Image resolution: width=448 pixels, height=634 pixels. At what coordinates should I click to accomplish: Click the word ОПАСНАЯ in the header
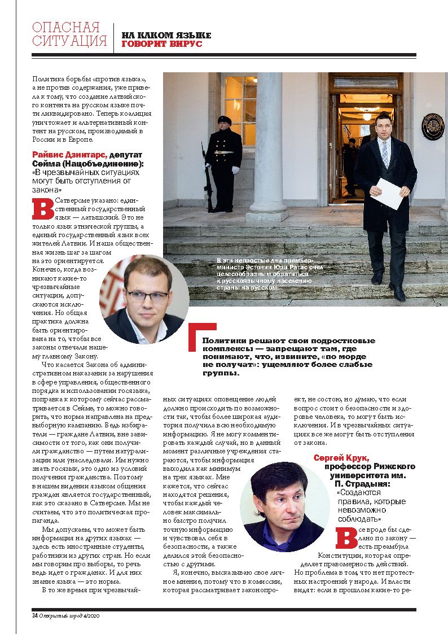(66, 28)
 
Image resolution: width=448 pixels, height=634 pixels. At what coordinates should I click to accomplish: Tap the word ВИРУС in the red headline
(185, 44)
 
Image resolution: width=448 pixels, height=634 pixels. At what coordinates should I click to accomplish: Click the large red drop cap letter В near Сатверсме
(43, 208)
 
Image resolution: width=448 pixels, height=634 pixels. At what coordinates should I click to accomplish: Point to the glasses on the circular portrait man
(147, 295)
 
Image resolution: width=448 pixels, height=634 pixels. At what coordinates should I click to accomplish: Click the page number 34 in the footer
(34, 615)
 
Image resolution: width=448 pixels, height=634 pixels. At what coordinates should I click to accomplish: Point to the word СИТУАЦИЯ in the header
(69, 41)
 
